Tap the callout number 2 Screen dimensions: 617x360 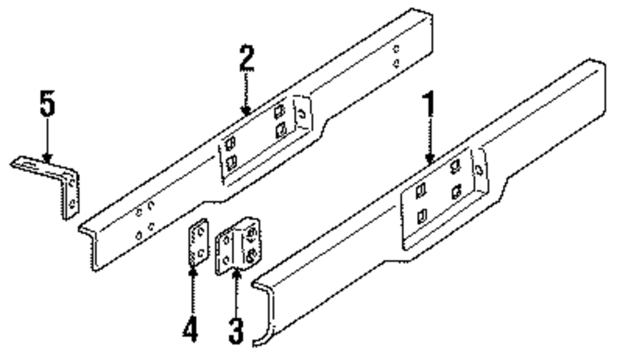click(246, 59)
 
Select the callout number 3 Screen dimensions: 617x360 click(236, 330)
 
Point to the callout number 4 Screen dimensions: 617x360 click(191, 327)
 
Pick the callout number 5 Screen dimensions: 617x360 click(47, 105)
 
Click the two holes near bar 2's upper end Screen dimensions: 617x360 click(396, 55)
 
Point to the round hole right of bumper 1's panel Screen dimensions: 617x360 click(478, 169)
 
